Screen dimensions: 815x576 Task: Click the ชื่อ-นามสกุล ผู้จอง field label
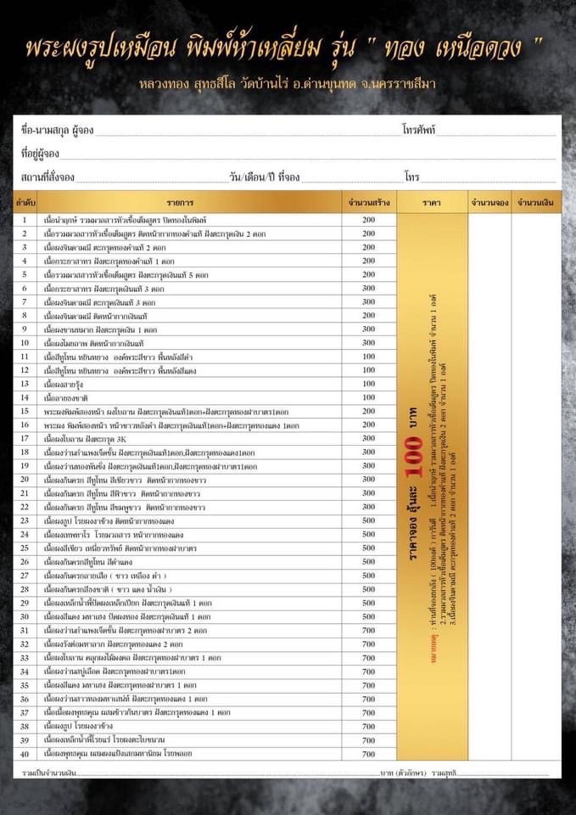pos(57,131)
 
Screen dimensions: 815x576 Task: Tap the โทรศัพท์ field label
pos(419,131)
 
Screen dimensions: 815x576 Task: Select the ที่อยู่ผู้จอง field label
pos(39,154)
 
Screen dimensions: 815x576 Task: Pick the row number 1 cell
pos(25,220)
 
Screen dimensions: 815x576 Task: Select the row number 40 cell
pos(25,753)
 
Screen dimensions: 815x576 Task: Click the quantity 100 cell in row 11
pos(368,357)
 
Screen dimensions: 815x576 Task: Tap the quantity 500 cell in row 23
pos(368,520)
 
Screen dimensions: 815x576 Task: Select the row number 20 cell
pos(25,480)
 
